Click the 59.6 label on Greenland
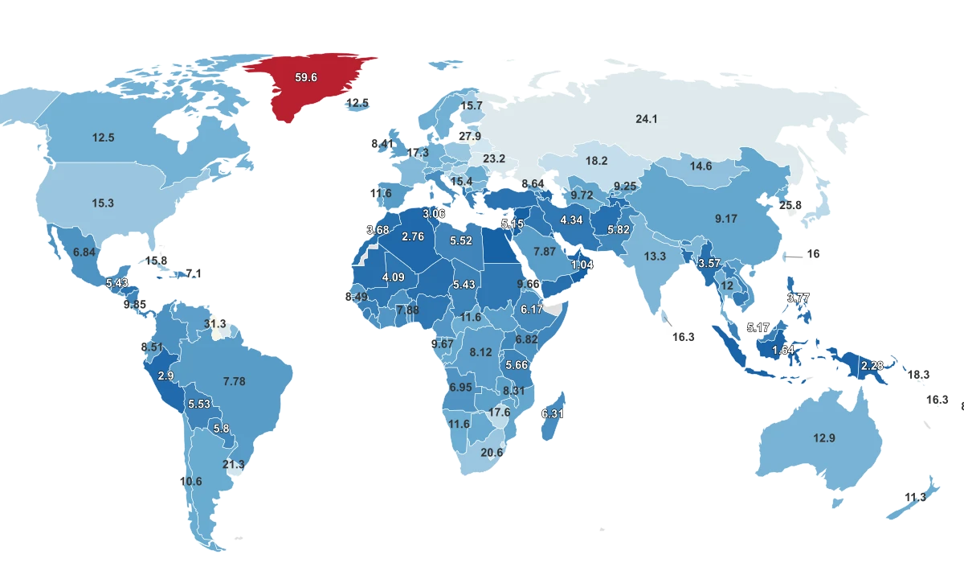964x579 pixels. coord(306,78)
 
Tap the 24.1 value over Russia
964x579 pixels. coord(647,119)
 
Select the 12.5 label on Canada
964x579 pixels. coord(103,138)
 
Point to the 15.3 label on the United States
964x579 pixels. coord(103,203)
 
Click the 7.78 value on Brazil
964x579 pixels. coord(234,381)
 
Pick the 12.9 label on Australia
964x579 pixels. coord(824,438)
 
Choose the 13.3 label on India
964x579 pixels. coord(655,257)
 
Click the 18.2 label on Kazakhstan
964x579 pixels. coord(596,161)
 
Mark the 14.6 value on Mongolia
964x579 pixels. coord(701,166)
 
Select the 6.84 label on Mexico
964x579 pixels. coord(84,253)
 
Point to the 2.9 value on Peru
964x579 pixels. coord(166,376)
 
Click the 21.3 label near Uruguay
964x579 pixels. coord(234,465)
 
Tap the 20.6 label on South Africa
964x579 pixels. coord(492,453)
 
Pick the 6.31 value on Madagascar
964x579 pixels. coord(553,413)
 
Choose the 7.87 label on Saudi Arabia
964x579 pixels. coord(545,252)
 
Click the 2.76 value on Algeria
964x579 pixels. coord(412,236)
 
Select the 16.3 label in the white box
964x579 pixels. coord(683,338)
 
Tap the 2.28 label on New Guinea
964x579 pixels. coord(872,366)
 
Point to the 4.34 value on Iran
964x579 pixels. coord(571,220)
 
